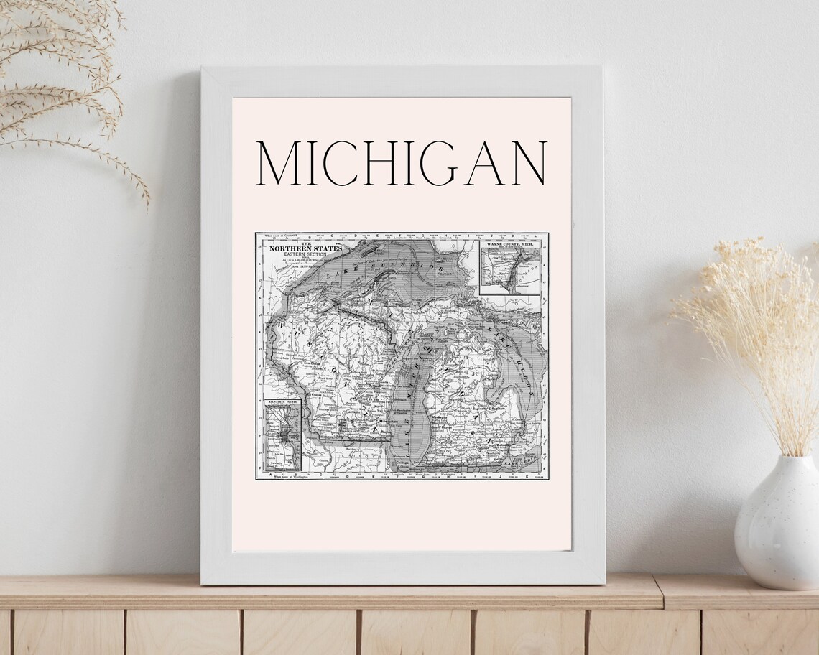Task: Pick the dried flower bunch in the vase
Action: coord(762,330)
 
